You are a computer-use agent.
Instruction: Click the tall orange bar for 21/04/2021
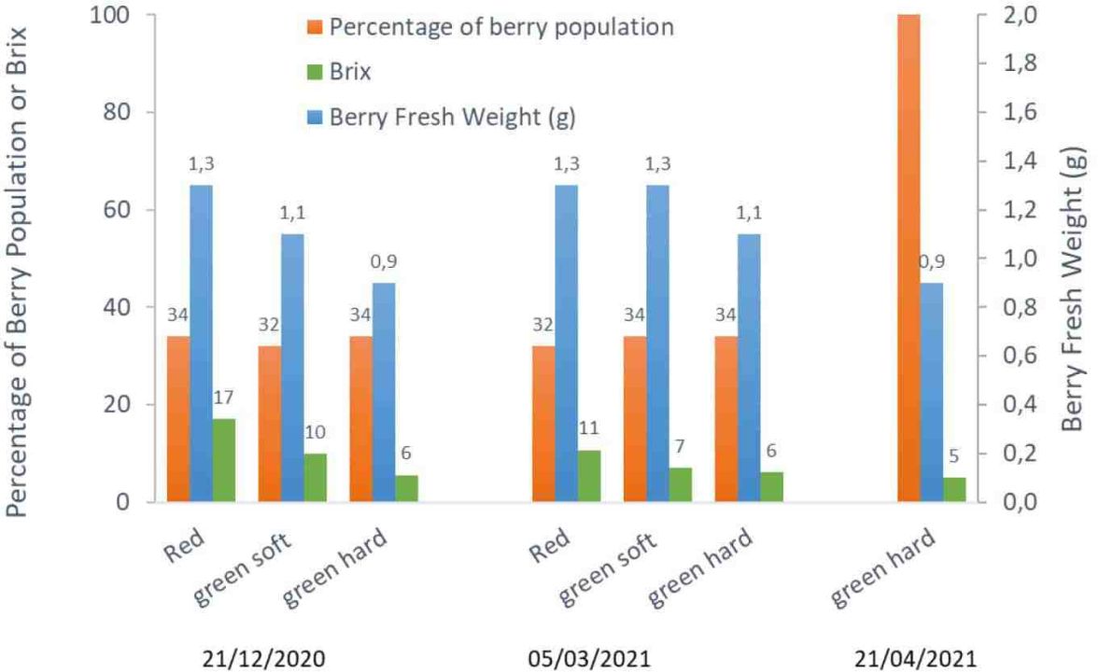[x=908, y=258]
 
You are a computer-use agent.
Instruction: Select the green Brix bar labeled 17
[x=223, y=460]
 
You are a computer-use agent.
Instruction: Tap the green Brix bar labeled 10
[x=316, y=478]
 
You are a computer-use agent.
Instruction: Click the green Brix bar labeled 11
[x=589, y=476]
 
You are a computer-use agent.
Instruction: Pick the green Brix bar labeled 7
[x=680, y=484]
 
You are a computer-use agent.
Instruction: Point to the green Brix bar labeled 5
[x=954, y=489]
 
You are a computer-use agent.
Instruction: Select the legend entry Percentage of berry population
[x=490, y=27]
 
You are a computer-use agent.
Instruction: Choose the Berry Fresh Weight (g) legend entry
[x=441, y=116]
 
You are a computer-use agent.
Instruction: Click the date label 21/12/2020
[x=264, y=659]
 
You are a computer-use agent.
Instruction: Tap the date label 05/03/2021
[x=589, y=659]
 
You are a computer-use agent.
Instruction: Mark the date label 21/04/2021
[x=915, y=659]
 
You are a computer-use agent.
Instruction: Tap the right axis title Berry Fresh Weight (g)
[x=1072, y=288]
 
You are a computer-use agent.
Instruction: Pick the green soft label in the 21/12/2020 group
[x=243, y=567]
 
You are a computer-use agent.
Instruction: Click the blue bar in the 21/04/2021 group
[x=932, y=392]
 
